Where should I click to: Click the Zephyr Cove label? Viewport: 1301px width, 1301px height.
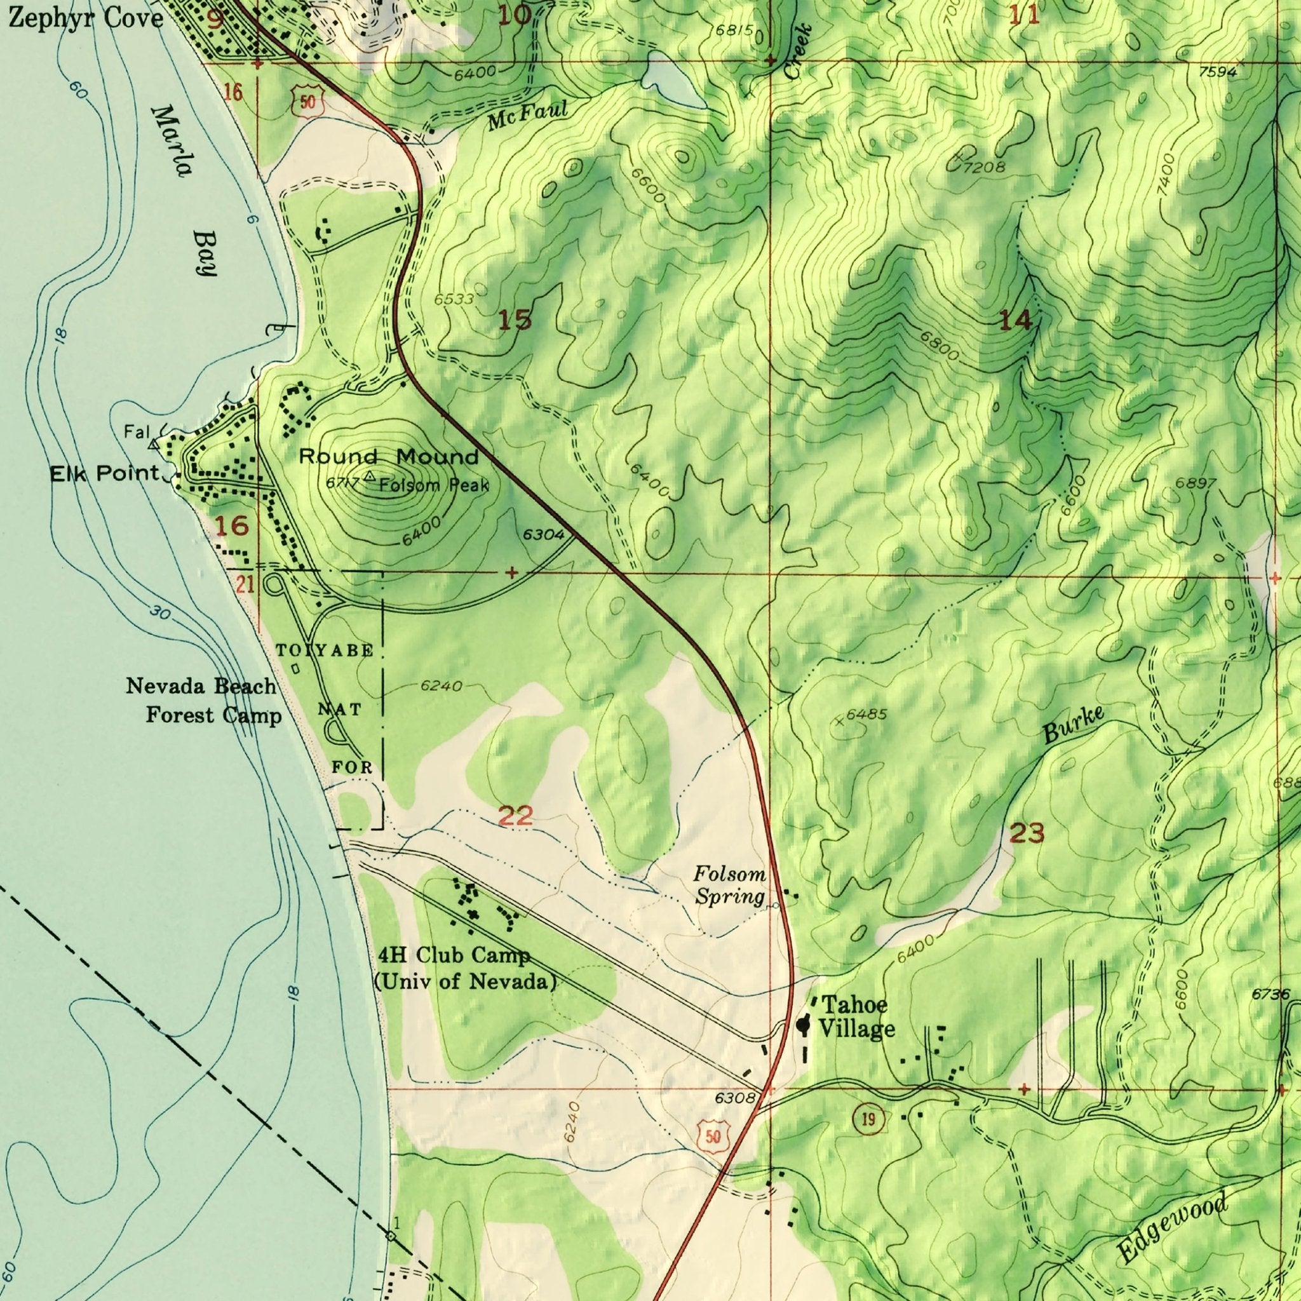click(x=86, y=18)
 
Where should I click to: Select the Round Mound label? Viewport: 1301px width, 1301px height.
click(x=389, y=457)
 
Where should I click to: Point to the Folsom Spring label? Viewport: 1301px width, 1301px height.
click(x=730, y=886)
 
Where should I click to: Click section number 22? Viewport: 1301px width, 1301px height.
click(x=516, y=817)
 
